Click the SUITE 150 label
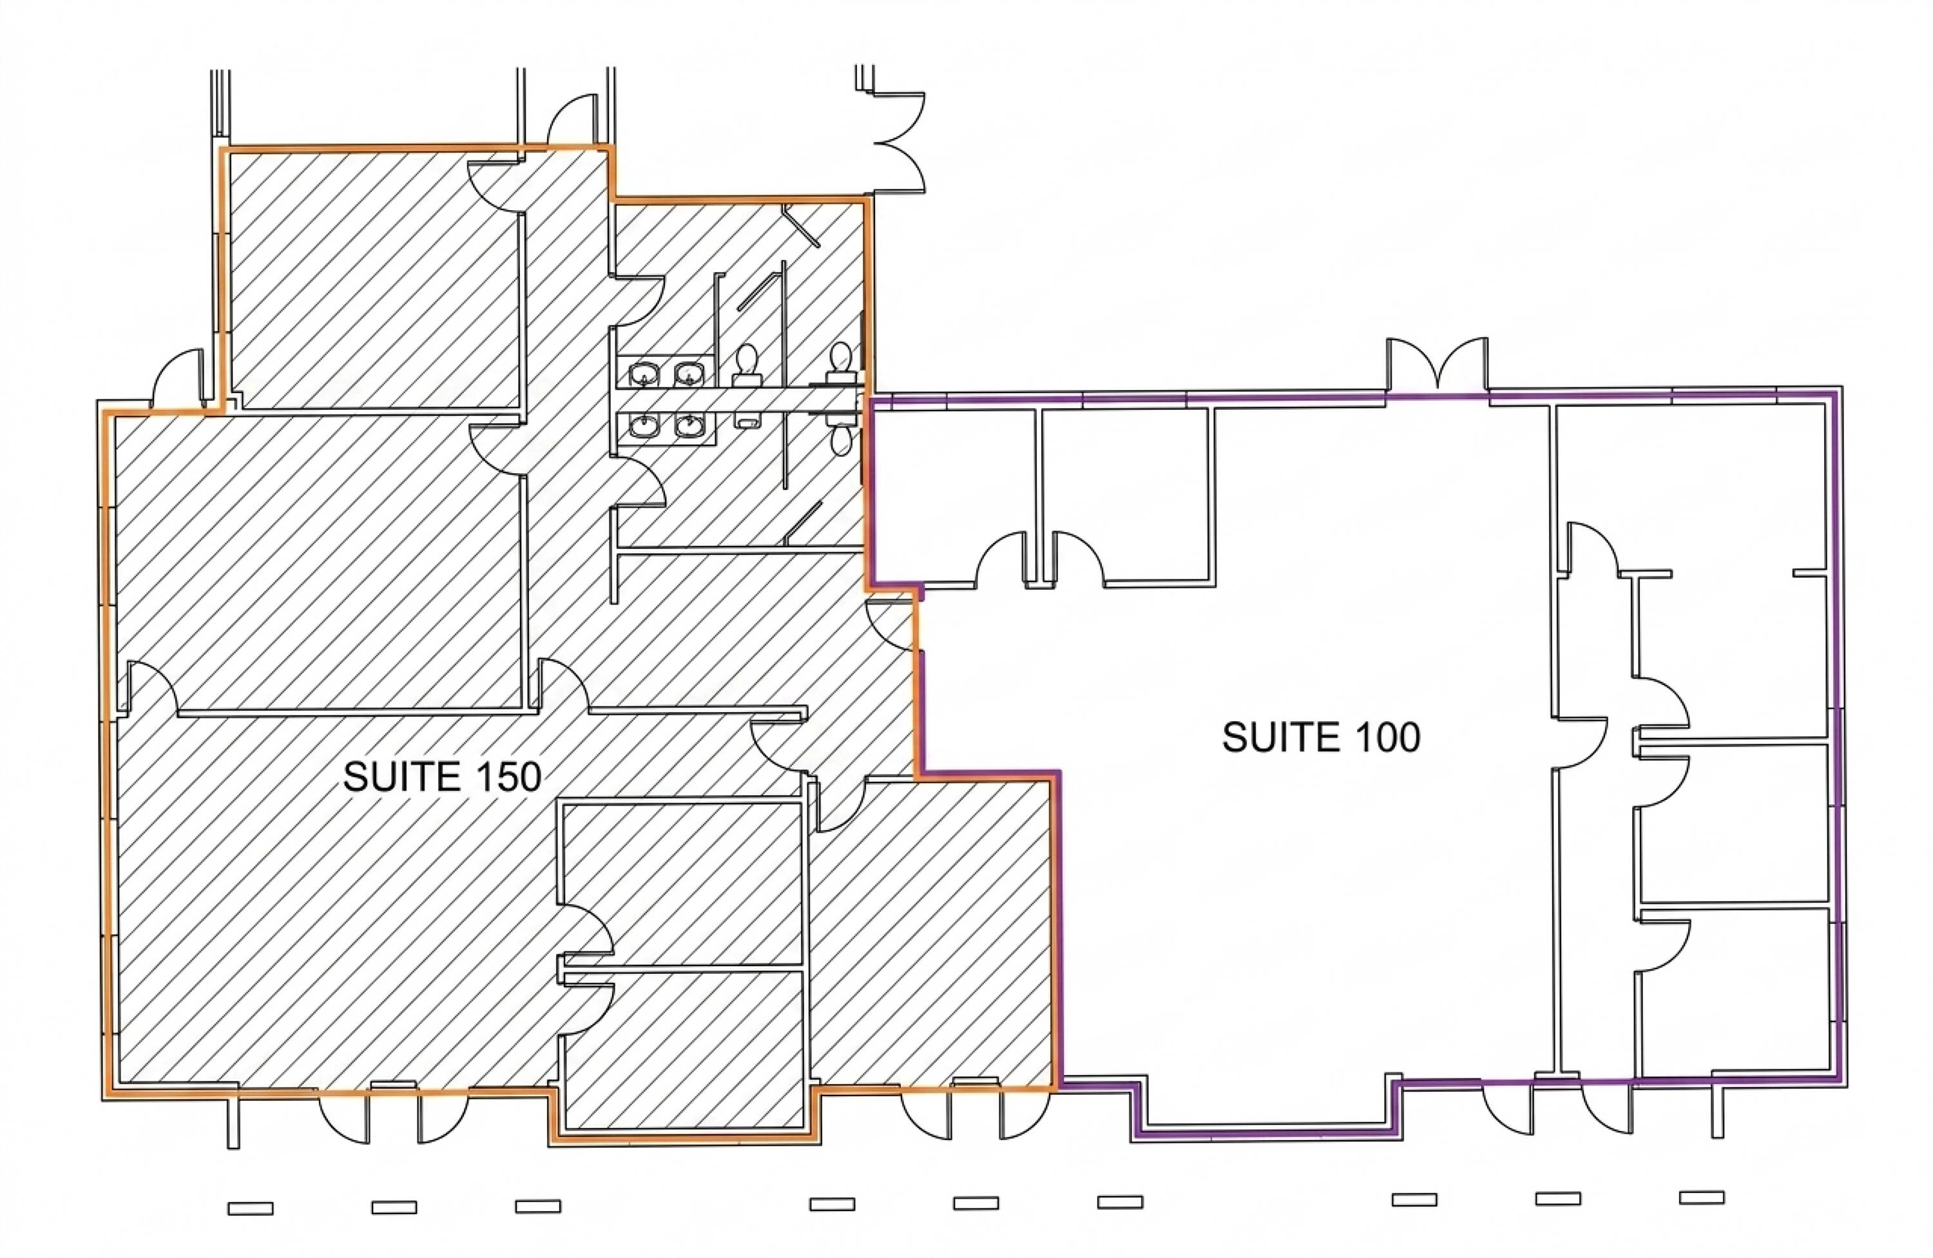pyautogui.click(x=442, y=777)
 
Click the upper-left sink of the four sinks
pyautogui.click(x=645, y=374)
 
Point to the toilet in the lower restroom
pyautogui.click(x=841, y=434)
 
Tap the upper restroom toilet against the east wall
pyautogui.click(x=841, y=362)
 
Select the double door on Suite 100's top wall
pyautogui.click(x=1438, y=365)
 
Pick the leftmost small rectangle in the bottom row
pyautogui.click(x=250, y=1208)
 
